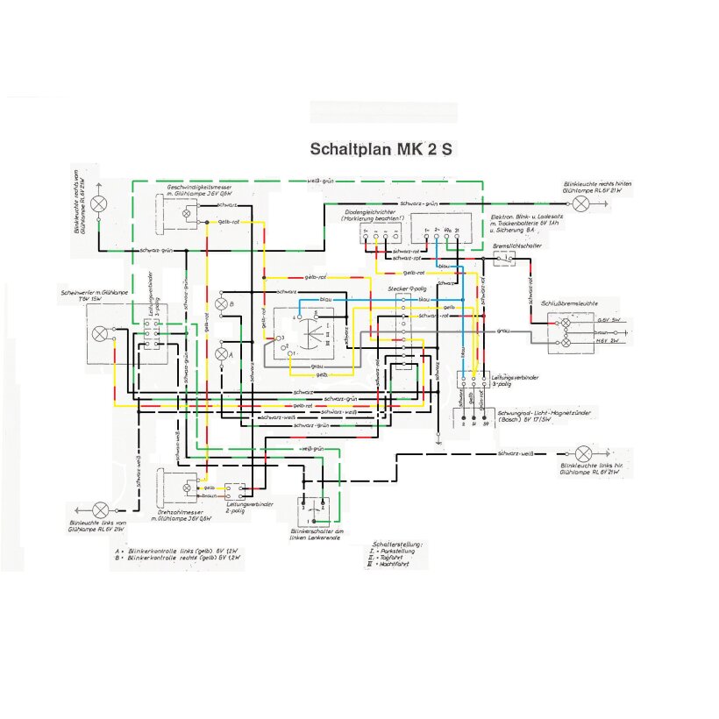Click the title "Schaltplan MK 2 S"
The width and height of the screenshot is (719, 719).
click(381, 148)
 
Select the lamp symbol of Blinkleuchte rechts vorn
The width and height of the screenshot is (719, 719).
click(101, 203)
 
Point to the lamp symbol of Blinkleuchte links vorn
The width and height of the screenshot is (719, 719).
click(101, 509)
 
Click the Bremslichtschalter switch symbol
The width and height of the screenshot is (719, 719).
click(502, 261)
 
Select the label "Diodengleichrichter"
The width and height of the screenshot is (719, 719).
click(371, 211)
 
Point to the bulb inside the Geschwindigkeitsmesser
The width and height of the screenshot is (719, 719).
click(185, 213)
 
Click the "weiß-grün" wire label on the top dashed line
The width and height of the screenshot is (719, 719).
click(319, 182)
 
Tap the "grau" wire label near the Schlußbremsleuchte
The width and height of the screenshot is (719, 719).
click(503, 331)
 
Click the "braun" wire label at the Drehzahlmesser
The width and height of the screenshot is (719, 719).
click(210, 495)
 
